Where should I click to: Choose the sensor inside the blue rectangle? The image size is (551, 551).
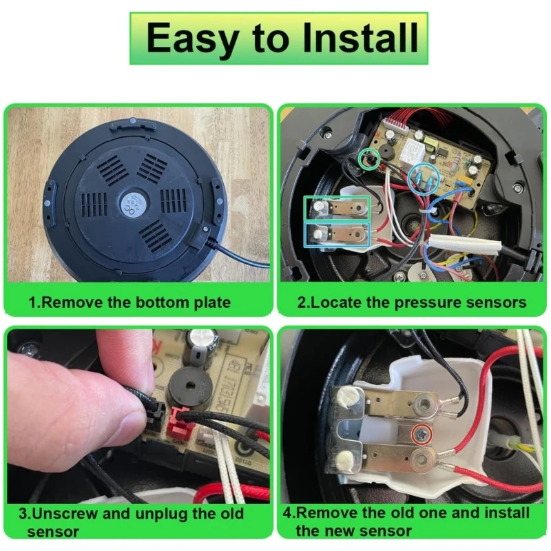337,234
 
